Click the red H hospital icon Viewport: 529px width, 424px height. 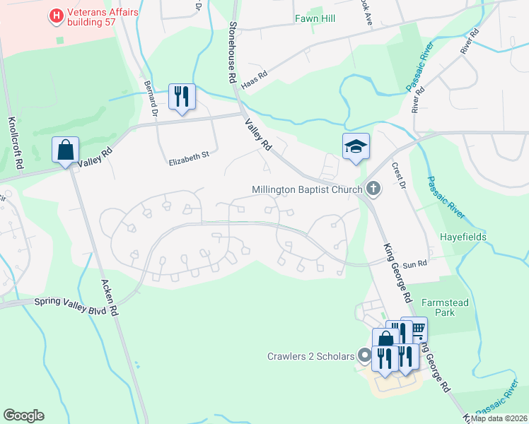click(x=55, y=14)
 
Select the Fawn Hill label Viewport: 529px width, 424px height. click(x=314, y=18)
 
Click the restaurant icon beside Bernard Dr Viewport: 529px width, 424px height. click(x=182, y=97)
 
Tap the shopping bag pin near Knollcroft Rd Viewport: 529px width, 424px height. click(x=65, y=151)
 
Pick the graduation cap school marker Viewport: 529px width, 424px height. click(x=356, y=147)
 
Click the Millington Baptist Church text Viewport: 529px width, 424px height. click(x=307, y=189)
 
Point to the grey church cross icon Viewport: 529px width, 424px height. click(x=374, y=189)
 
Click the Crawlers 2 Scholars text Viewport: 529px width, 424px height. click(x=310, y=356)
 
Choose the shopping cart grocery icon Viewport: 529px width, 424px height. click(x=417, y=329)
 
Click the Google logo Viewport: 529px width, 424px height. click(x=23, y=416)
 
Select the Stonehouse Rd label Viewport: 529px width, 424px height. click(x=231, y=53)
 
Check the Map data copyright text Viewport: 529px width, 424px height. click(x=498, y=418)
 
